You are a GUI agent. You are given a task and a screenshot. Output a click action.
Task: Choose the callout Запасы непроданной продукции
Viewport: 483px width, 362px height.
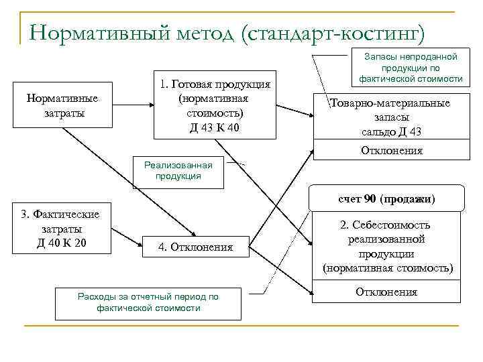pyautogui.click(x=411, y=68)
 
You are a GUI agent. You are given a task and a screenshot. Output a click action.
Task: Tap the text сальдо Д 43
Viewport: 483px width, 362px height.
pyautogui.click(x=390, y=132)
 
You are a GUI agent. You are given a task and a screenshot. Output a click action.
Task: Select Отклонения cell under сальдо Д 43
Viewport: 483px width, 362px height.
pyautogui.click(x=391, y=151)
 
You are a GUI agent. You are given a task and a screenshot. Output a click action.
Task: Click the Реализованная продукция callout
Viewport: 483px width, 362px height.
pyautogui.click(x=178, y=171)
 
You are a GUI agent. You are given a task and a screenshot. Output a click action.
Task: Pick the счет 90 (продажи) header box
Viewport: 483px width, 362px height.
pyautogui.click(x=386, y=199)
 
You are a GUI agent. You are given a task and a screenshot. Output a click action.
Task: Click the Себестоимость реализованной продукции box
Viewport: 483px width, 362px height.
pyautogui.click(x=388, y=247)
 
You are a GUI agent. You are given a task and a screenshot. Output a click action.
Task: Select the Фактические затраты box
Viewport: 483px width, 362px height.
pyautogui.click(x=60, y=228)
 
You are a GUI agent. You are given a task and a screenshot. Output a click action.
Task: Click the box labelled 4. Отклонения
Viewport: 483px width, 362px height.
pyautogui.click(x=195, y=247)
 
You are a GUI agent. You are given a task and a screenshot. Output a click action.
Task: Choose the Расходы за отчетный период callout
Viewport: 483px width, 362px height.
pyautogui.click(x=148, y=302)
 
